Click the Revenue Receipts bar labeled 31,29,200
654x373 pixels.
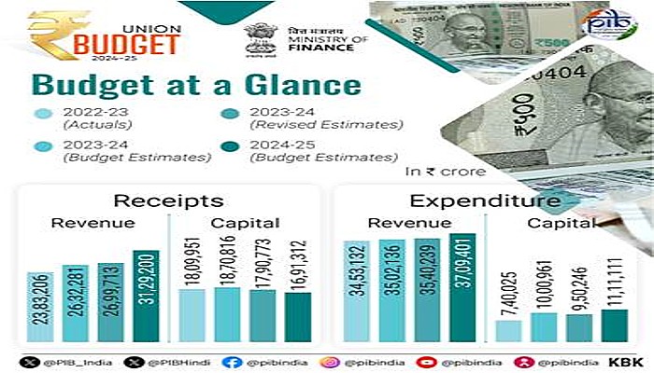tap(147, 296)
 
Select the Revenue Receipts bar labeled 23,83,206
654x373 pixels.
tap(43, 307)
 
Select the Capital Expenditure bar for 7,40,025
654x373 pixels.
tap(508, 330)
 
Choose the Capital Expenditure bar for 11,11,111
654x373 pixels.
tap(614, 325)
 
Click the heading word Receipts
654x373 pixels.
tap(168, 200)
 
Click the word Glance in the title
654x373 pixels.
tap(291, 85)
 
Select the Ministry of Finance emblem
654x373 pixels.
tap(259, 37)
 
